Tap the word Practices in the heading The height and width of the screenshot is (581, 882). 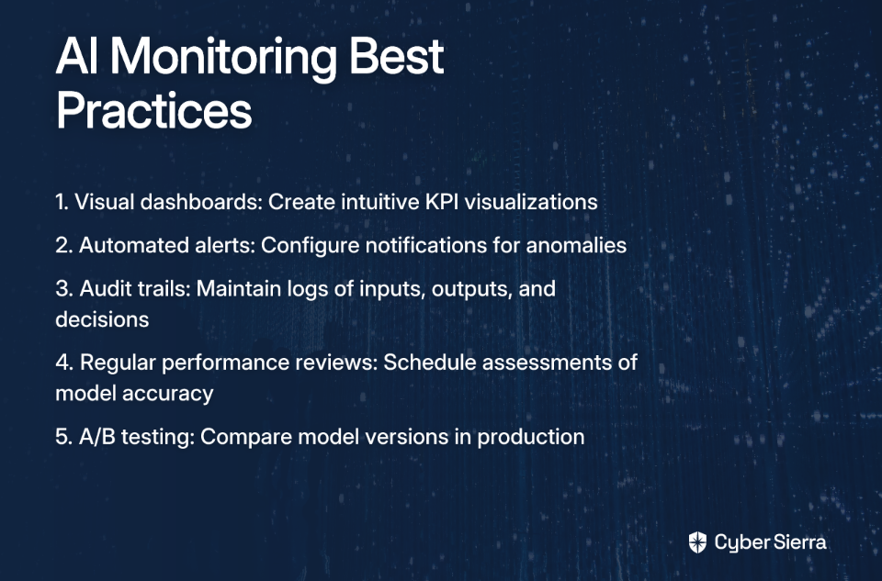[153, 110]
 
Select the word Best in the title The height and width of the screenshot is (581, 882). [396, 56]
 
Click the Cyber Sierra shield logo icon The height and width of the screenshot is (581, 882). [697, 542]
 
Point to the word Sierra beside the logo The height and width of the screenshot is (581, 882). [800, 542]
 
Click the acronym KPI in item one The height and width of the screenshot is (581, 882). [441, 202]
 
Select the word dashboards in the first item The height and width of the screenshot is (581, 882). [201, 202]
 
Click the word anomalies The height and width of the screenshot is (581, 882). [576, 246]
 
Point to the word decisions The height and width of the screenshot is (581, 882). [102, 319]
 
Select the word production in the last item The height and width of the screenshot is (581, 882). [531, 437]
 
